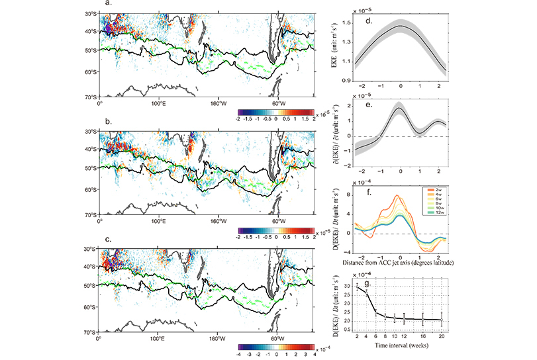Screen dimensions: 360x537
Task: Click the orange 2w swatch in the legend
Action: click(x=432, y=191)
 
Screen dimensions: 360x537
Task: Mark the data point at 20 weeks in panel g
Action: click(x=441, y=320)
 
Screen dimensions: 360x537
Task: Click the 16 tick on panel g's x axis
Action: click(x=422, y=336)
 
